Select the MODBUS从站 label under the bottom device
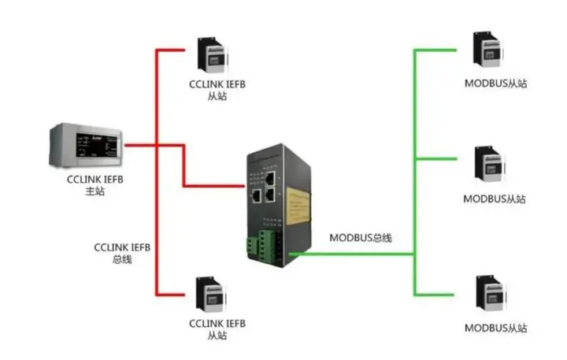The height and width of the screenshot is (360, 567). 495,327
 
